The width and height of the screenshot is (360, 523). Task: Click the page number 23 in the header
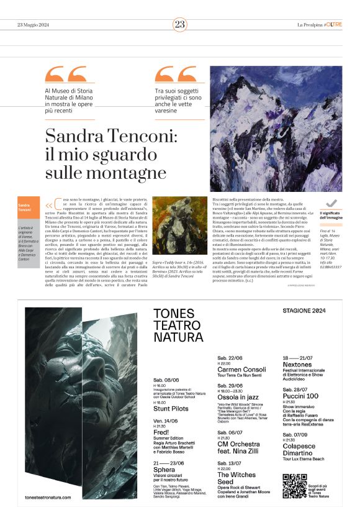click(179, 24)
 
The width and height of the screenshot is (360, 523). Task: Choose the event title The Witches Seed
click(234, 478)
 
